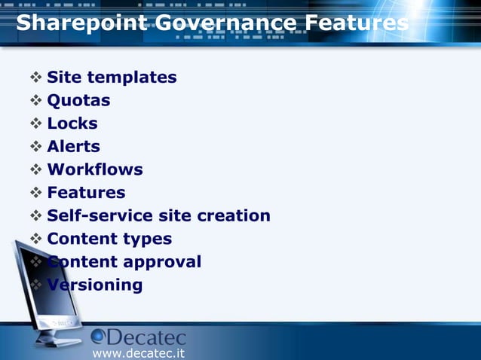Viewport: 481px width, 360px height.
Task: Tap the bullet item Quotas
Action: pos(78,100)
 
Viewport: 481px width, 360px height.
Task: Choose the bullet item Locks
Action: pos(72,124)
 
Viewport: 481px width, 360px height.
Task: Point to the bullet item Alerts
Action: pos(73,146)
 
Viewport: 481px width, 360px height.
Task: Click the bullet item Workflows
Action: pos(95,169)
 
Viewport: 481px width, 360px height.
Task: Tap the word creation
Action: pos(234,216)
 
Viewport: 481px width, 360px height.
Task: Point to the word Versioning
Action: pos(95,285)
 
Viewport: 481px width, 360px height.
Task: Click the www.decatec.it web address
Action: pos(138,352)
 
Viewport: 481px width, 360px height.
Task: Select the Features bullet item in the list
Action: pos(86,193)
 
